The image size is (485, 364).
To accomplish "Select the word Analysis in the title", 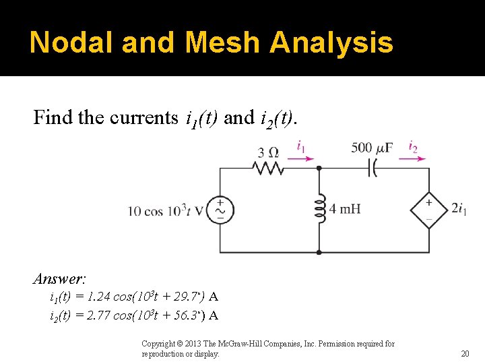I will (331, 42).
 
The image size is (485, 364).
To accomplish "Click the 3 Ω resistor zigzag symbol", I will (267, 169).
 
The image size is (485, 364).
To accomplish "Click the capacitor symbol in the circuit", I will (371, 169).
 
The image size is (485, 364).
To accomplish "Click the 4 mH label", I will (345, 209).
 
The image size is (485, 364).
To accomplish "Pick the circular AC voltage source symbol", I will (220, 210).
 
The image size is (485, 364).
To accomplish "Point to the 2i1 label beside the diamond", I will (459, 210).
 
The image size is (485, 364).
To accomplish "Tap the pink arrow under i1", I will (300, 160).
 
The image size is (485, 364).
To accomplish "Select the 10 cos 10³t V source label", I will (166, 211).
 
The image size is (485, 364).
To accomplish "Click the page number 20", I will (465, 353).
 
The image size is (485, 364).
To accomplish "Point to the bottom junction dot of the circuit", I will (319, 253).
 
